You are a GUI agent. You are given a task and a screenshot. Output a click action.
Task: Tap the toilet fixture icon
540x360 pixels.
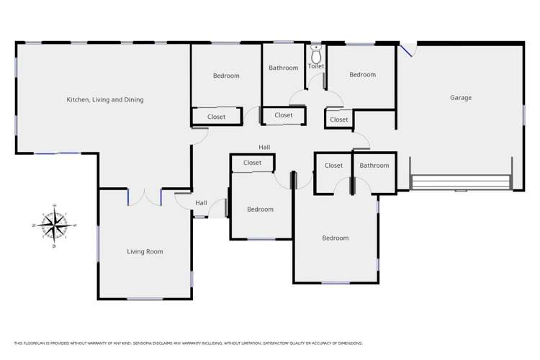(316, 56)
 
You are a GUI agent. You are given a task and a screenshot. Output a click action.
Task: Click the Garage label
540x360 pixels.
(461, 98)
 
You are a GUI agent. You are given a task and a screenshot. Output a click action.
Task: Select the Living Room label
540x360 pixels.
(145, 251)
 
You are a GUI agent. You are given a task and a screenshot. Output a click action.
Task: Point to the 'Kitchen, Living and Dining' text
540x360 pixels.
(105, 99)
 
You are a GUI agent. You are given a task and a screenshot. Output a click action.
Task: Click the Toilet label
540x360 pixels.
(316, 67)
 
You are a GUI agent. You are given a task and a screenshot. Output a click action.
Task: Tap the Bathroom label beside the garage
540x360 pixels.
(374, 166)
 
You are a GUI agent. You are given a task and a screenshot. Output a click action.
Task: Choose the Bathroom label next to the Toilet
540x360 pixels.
(284, 68)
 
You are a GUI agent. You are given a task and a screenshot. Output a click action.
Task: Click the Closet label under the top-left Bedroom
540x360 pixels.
(216, 117)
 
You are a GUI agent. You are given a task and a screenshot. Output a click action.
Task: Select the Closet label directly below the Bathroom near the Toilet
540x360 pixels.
(284, 115)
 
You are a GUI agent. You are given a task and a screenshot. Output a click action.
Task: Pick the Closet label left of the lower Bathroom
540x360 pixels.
(333, 166)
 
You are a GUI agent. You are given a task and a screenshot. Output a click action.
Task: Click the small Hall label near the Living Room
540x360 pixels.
(201, 203)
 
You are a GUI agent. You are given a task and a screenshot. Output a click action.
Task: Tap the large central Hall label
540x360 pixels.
(265, 147)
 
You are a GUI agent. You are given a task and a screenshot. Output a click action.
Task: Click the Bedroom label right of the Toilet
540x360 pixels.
(363, 75)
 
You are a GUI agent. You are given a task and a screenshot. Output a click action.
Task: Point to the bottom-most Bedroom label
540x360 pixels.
(335, 238)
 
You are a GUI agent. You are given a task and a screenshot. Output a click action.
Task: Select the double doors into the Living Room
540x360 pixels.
(145, 197)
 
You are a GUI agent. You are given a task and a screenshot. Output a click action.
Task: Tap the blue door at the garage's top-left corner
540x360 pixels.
(408, 50)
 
